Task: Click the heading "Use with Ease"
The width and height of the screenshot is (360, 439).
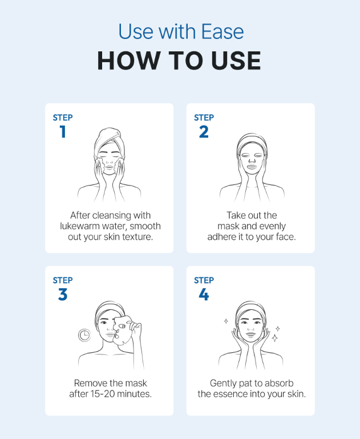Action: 181,31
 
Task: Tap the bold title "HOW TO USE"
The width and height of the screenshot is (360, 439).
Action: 179,61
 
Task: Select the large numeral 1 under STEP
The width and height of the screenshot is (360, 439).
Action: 63,132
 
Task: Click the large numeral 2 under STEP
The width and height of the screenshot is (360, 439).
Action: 204,132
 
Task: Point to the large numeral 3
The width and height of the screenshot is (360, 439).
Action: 63,294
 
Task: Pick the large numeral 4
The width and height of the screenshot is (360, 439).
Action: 204,294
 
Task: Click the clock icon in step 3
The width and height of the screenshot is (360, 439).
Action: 84,335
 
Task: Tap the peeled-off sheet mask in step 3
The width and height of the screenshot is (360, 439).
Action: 123,331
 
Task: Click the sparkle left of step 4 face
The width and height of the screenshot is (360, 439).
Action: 226,321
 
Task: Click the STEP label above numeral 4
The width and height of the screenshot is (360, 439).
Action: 204,280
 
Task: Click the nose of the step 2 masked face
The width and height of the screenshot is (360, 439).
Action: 252,159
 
